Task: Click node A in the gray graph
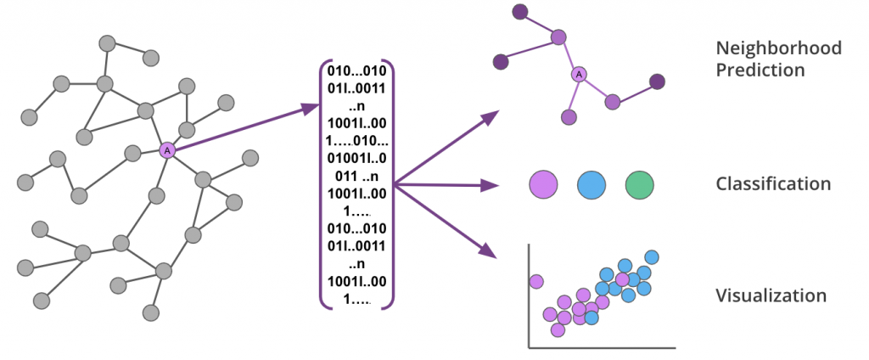coord(167,150)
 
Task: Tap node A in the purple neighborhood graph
coord(579,75)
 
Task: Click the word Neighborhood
coord(778,48)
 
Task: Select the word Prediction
coord(760,70)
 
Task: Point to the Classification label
coord(772,184)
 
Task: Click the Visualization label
coord(771,296)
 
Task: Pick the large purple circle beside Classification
coord(543,183)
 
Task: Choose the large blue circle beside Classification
coord(591,183)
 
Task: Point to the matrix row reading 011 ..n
coord(357,177)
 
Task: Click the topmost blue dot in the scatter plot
coord(652,256)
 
